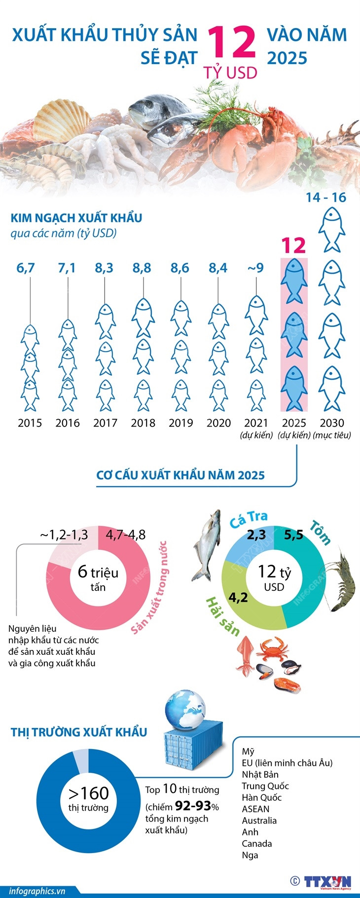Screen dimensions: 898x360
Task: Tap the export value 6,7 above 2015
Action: tap(26, 268)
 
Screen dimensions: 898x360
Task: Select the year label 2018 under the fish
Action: tap(143, 423)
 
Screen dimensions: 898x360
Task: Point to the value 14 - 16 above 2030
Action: tap(325, 197)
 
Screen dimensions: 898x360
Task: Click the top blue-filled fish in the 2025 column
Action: tap(294, 281)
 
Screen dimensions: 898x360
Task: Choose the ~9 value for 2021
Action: tap(255, 268)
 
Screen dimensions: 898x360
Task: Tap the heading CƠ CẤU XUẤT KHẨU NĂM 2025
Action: tap(180, 475)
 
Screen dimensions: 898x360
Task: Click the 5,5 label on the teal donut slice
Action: tap(293, 535)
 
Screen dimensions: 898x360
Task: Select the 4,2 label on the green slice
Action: tap(238, 597)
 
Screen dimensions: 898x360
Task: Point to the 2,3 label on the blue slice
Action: tap(256, 535)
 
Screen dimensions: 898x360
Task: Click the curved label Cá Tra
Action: tap(249, 518)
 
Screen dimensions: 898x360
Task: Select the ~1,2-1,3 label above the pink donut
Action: tap(64, 535)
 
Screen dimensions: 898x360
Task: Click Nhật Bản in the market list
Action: tap(260, 775)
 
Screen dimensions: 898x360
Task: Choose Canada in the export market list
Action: tap(256, 844)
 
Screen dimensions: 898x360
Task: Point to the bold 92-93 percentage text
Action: tap(193, 806)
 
